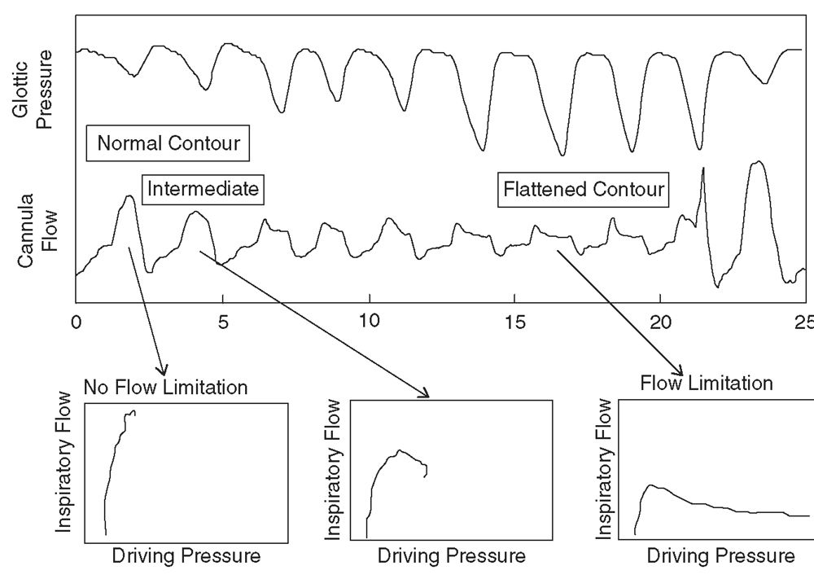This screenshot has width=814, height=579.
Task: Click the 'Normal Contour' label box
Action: point(168,143)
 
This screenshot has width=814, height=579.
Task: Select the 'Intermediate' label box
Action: point(203,190)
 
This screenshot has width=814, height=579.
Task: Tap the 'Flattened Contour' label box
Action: point(584,191)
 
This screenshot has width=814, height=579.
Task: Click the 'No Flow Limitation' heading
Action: point(165,387)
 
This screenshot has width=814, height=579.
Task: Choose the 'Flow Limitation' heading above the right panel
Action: point(707,382)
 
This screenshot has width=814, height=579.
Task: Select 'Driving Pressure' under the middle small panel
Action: point(452,557)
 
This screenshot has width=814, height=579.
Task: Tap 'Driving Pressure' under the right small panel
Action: point(720,557)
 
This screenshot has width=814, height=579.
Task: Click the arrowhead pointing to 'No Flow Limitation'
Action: point(163,371)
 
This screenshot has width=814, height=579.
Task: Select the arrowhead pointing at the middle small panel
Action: point(424,393)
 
